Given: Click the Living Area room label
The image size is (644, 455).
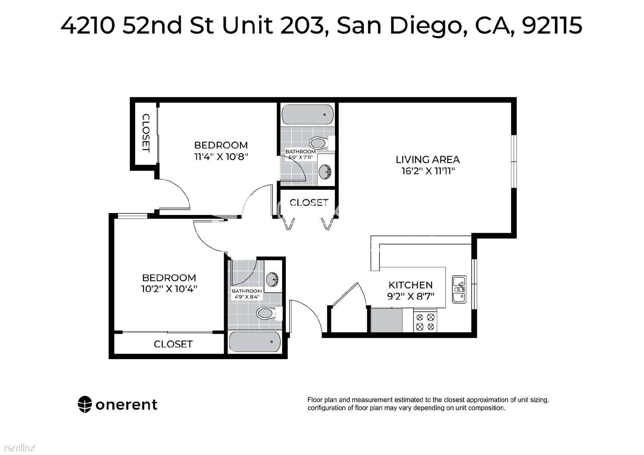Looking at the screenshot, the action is (x=427, y=159).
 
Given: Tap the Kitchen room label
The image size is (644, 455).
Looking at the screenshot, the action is (x=411, y=285).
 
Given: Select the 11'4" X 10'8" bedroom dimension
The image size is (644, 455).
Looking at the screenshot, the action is (x=221, y=157).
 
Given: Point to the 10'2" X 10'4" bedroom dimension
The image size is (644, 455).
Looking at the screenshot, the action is (x=169, y=289).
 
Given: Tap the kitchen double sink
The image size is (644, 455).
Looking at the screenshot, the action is (x=459, y=290).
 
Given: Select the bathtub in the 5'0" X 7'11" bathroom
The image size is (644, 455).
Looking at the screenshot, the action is (x=308, y=114).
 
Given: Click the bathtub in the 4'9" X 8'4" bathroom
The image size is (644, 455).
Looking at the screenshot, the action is (x=255, y=342).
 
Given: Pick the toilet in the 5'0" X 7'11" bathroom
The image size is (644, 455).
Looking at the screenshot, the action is (x=322, y=143).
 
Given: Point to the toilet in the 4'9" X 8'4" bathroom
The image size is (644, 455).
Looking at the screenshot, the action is (x=269, y=313).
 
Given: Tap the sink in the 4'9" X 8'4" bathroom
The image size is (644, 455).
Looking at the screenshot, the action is (x=272, y=279).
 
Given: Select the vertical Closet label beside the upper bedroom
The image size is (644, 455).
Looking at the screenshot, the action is (x=146, y=133).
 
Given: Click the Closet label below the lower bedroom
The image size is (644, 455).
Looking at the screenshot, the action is (x=173, y=344).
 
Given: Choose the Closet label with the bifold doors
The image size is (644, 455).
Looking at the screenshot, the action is (x=309, y=203).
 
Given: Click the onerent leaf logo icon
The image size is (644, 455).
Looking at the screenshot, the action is (x=85, y=405).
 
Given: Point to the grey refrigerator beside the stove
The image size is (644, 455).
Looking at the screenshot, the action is (x=386, y=320).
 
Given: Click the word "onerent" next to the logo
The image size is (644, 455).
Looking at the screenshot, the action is (x=126, y=405).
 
